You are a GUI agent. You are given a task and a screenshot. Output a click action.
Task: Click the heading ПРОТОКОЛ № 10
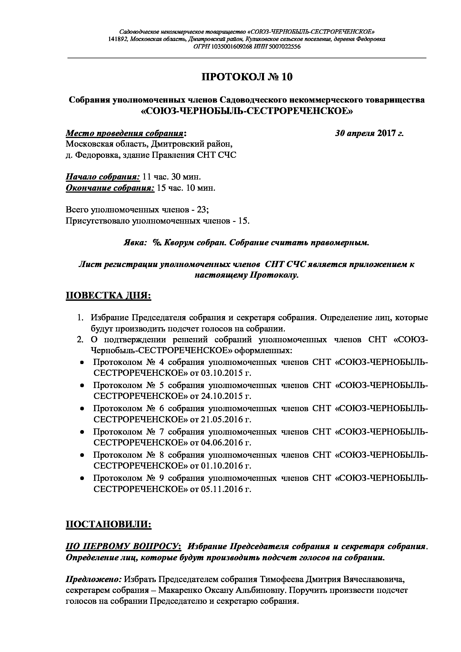click(247, 77)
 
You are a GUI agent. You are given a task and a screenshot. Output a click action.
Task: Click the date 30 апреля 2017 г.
click(369, 133)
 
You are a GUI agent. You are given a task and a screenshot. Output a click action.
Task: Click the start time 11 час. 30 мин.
click(171, 177)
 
